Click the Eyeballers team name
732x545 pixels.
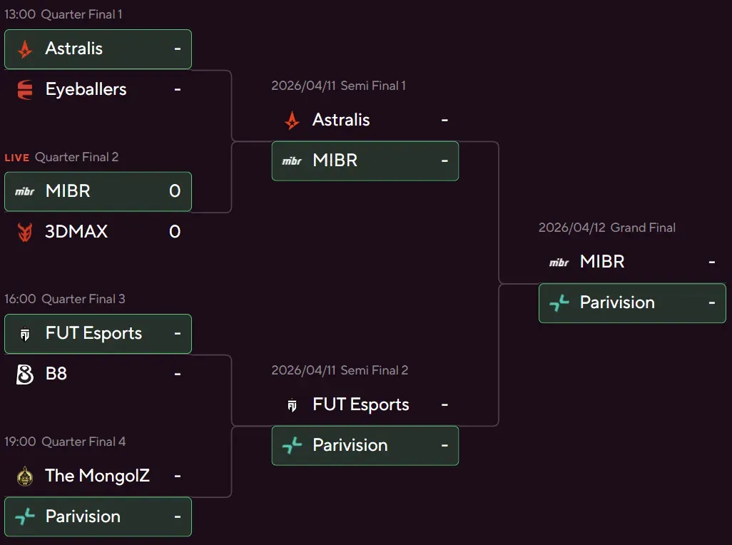tap(86, 89)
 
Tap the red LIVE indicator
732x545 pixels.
tap(17, 158)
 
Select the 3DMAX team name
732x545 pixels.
tap(76, 232)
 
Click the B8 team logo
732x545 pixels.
tap(25, 375)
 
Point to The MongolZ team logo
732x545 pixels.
tap(25, 476)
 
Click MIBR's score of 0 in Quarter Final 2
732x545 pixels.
tap(175, 191)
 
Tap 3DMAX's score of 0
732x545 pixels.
tap(175, 232)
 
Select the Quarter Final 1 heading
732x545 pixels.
tap(82, 14)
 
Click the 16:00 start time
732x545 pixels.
tap(20, 300)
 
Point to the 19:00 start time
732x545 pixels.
tap(20, 442)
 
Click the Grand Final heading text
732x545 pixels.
tap(643, 228)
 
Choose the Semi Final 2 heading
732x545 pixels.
tap(375, 371)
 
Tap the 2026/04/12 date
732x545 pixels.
tap(571, 228)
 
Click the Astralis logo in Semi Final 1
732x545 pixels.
tap(292, 120)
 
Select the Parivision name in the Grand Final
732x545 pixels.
tap(617, 302)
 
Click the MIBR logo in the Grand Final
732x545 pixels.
tap(559, 263)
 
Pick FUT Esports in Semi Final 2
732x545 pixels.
tap(360, 405)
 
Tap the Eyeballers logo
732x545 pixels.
tap(25, 89)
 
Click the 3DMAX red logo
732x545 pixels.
tap(25, 232)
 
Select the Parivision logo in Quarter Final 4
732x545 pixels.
tap(25, 516)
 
